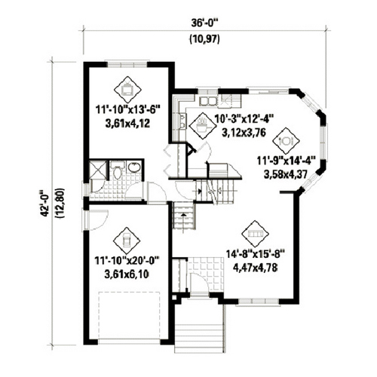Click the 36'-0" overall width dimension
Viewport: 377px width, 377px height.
204,23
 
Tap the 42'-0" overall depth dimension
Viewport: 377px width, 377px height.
45,203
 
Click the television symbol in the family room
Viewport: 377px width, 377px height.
127,90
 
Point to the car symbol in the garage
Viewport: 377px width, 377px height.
127,241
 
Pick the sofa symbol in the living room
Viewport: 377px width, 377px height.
255,234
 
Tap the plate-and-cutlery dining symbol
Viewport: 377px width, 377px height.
286,141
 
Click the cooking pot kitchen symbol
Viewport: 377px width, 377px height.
202,126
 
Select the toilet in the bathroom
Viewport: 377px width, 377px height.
117,171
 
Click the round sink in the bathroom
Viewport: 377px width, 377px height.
134,167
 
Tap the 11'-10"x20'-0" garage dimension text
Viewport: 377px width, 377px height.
127,261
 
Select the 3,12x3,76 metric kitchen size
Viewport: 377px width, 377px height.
244,133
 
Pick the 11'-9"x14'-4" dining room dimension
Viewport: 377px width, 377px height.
287,161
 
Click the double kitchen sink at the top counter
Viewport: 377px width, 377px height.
208,101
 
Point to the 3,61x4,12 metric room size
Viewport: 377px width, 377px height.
127,124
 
